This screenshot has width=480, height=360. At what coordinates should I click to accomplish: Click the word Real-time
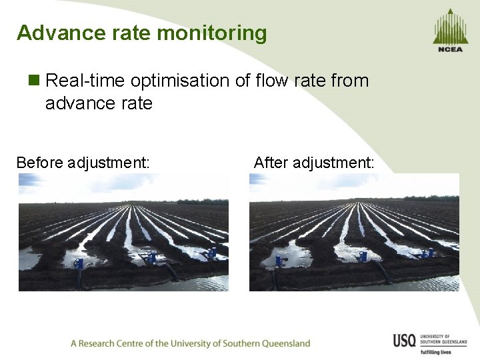pos(85,81)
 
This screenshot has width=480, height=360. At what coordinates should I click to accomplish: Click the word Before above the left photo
pos(39,162)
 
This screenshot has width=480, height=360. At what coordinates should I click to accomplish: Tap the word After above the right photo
pos(271,162)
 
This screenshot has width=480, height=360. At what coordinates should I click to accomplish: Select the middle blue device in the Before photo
pos(153,257)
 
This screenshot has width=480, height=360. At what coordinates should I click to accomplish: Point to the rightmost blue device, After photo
pos(427,253)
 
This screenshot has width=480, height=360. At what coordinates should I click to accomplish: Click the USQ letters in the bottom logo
pos(405,341)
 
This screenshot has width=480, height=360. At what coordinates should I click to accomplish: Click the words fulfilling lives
pos(436,352)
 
